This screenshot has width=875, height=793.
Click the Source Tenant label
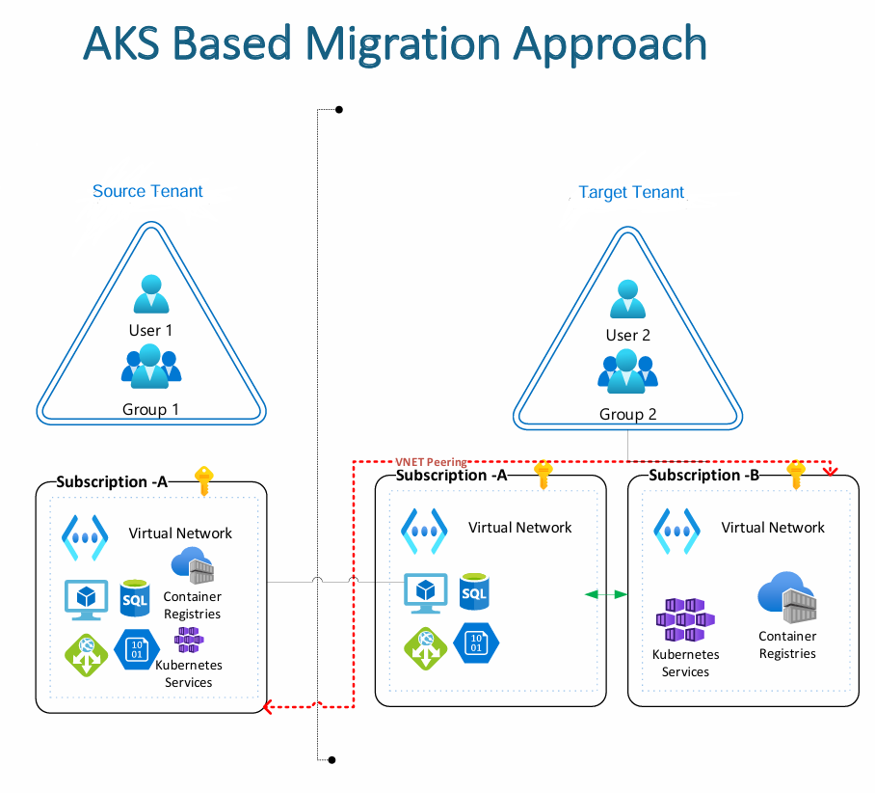click(147, 191)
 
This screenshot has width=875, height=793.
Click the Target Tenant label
click(631, 193)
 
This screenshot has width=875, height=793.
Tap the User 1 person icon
click(150, 294)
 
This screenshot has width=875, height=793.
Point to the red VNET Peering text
click(431, 462)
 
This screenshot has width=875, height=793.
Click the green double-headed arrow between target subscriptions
click(606, 596)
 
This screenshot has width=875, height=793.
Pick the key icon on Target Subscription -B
click(795, 474)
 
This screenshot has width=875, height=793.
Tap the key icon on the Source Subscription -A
click(203, 480)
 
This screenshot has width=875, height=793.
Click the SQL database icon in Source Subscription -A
click(135, 598)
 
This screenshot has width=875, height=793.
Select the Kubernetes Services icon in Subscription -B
click(685, 619)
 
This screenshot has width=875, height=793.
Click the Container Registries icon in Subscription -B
click(787, 598)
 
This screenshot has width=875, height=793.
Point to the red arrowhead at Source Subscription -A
click(272, 708)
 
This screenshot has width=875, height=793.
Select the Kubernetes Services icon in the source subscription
click(189, 640)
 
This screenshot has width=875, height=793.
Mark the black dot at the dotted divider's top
click(339, 110)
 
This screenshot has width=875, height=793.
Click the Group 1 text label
click(150, 409)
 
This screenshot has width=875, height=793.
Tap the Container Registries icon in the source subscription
click(192, 565)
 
